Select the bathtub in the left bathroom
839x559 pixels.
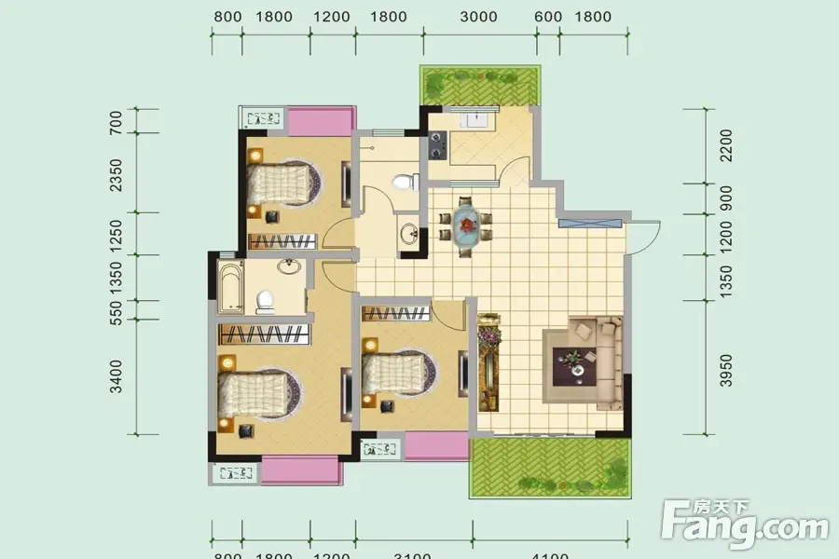pos(229,286)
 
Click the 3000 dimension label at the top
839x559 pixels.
pos(478,17)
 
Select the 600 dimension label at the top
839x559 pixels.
pos(549,17)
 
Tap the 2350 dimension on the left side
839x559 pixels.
pos(117,174)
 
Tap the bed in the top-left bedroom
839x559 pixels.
pos(282,183)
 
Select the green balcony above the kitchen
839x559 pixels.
pos(479,85)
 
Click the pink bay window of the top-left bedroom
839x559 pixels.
pos(320,121)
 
